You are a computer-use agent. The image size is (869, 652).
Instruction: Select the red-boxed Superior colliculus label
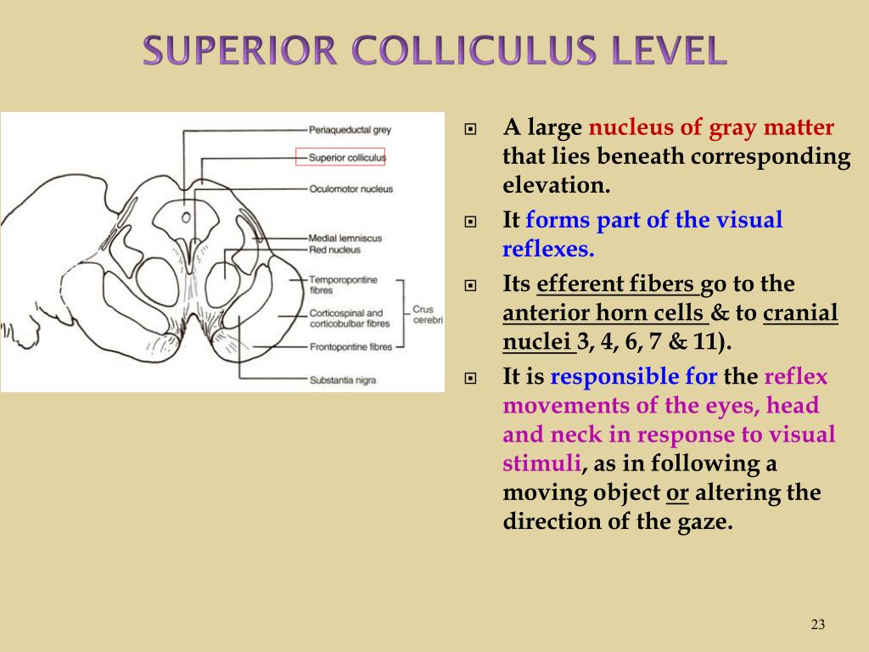pos(346,157)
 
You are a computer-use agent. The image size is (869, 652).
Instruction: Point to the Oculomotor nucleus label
pos(350,188)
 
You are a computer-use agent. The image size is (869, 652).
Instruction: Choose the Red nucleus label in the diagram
pos(334,250)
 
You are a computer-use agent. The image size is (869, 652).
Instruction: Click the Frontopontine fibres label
pos(350,346)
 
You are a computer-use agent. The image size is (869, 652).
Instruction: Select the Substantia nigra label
pos(344,379)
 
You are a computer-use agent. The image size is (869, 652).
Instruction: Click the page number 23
pos(818,625)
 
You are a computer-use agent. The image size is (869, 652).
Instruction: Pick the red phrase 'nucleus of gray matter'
pos(711,128)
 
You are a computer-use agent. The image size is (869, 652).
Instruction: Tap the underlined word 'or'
pos(676,492)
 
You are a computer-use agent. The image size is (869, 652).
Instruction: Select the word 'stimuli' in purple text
pos(541,464)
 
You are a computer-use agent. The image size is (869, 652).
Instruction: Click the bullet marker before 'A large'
pos(472,130)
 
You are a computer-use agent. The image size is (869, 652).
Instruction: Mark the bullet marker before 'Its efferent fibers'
pos(472,285)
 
